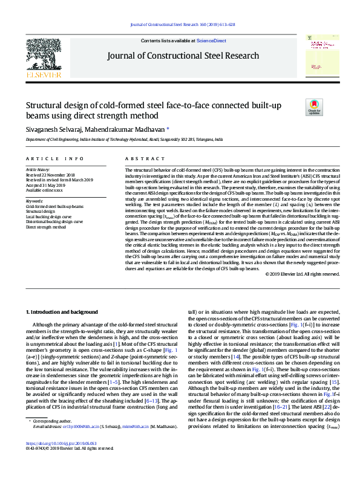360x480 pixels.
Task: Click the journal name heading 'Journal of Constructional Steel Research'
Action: pos(183,56)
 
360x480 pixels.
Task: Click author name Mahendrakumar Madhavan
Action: pos(127,129)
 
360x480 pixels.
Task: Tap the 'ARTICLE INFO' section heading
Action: pos(54,158)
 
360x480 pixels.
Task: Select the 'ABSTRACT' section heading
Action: pos(145,158)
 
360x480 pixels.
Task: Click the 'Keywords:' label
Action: pos(34,200)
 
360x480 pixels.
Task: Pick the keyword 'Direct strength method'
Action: pos(46,227)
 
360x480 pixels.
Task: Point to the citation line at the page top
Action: pos(183,24)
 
